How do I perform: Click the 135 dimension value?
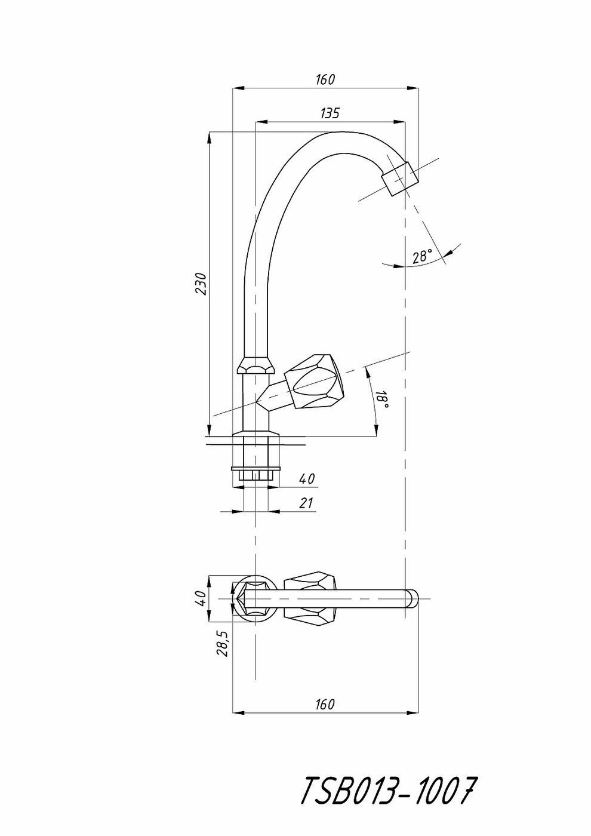coord(330,113)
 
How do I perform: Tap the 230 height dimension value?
coord(202,284)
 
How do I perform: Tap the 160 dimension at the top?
coord(325,79)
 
